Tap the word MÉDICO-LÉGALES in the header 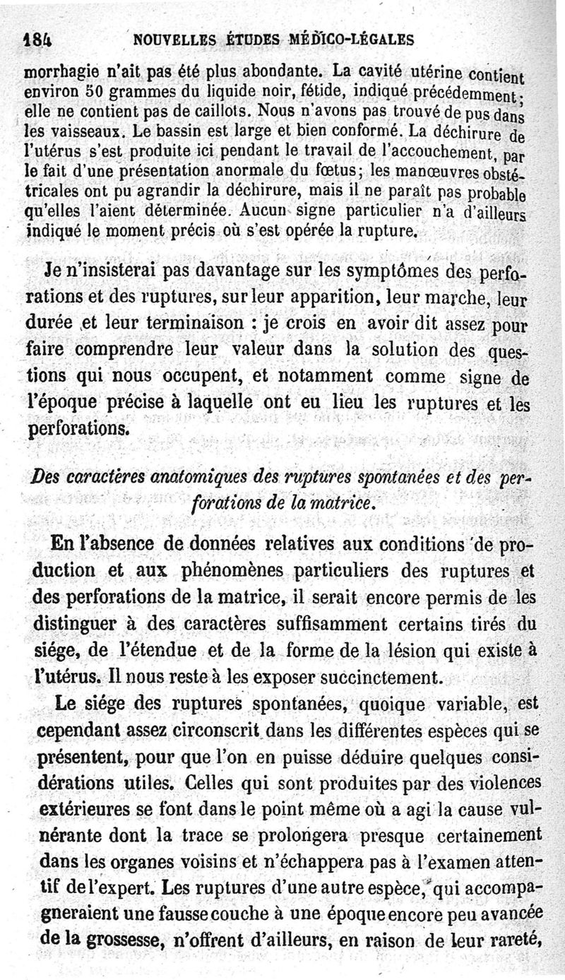[350, 40]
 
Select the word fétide [270, 92]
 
